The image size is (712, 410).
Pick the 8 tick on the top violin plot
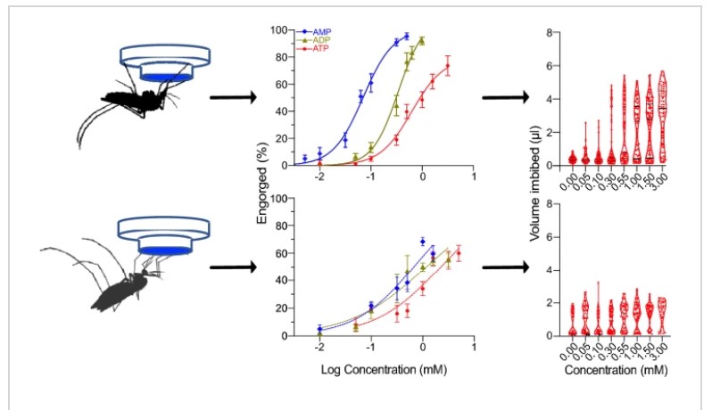point(553,32)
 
